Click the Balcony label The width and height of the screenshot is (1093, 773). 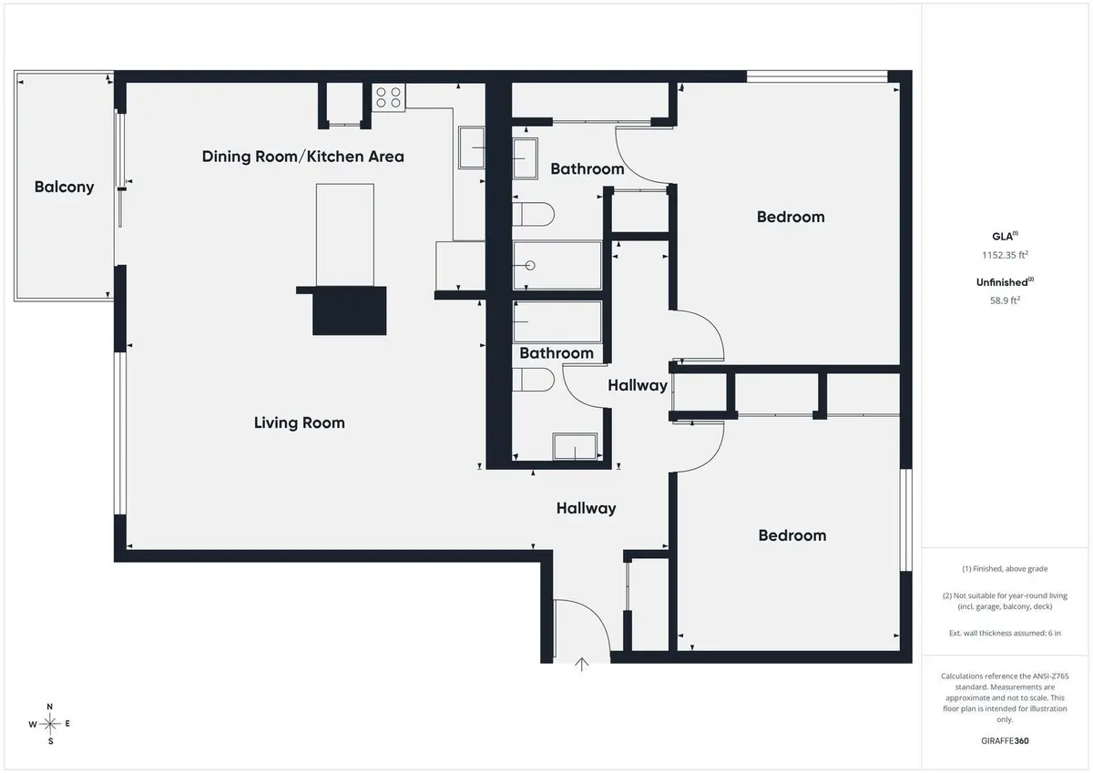[64, 187]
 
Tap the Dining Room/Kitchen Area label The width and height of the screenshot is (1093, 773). [303, 157]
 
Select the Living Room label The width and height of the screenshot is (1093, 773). [299, 422]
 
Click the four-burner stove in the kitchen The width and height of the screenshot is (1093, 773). [388, 97]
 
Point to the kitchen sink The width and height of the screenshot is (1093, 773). [472, 147]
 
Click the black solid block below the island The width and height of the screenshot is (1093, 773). [350, 310]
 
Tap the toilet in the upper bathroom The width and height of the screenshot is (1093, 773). [534, 214]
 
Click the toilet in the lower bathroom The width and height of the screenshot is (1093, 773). [534, 380]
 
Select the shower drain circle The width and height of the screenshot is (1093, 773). [530, 265]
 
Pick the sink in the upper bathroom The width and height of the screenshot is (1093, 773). [525, 158]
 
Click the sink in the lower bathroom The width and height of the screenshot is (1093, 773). [575, 446]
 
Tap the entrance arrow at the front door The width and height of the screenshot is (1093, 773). [582, 665]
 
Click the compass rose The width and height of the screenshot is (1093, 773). [50, 724]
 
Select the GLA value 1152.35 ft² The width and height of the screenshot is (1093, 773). [1006, 255]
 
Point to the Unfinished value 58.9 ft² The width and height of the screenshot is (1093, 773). [1006, 300]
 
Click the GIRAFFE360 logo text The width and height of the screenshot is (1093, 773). [1006, 741]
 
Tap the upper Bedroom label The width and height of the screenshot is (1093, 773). [791, 217]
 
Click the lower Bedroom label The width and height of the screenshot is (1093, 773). [792, 535]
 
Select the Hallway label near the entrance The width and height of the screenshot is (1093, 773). [586, 509]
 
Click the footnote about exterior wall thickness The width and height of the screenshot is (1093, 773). [1006, 633]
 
